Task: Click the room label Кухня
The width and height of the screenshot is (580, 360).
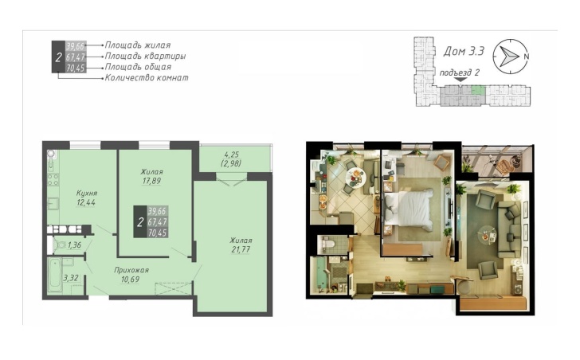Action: [87, 194]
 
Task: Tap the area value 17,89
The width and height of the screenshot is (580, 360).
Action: [151, 181]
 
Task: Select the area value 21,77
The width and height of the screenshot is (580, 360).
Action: [241, 249]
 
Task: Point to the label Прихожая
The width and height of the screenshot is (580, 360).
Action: [131, 270]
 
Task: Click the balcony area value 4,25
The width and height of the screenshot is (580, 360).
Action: [232, 155]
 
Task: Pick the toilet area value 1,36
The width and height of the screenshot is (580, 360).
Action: [74, 245]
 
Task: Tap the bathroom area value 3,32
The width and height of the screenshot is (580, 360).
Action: [71, 278]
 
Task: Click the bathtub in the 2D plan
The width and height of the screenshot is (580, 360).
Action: [55, 275]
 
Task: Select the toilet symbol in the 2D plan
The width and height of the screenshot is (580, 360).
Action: [60, 245]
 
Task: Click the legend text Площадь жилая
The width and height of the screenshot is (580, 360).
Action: [138, 45]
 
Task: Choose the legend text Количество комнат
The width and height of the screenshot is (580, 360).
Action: [147, 77]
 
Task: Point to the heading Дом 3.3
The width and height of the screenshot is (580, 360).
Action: [464, 51]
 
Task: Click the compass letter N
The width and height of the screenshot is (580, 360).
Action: [526, 57]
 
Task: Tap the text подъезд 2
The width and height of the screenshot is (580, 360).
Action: [459, 72]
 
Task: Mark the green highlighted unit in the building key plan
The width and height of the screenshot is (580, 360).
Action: [478, 90]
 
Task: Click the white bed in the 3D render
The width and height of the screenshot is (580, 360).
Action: [410, 209]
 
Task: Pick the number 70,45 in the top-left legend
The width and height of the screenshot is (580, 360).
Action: [76, 68]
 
